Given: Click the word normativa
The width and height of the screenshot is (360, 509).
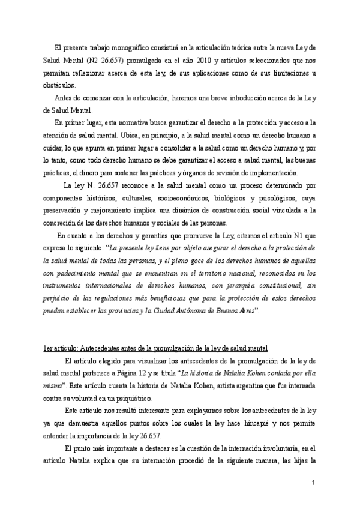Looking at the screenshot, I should (121, 124).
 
